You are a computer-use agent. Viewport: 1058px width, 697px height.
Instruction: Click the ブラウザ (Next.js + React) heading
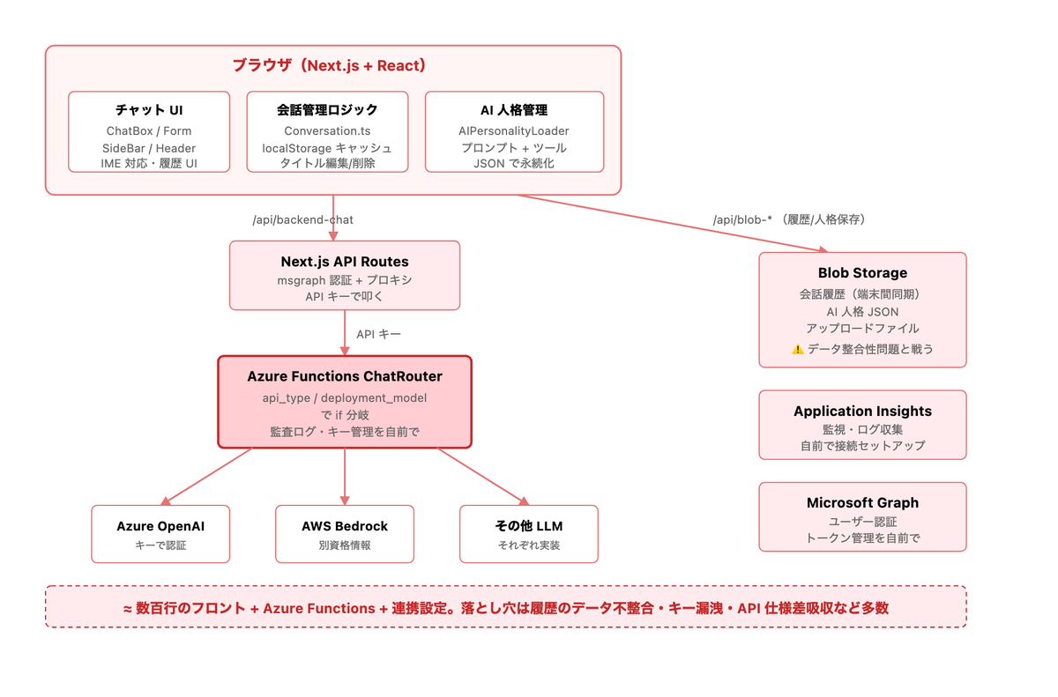(329, 65)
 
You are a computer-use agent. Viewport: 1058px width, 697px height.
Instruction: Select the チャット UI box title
(149, 110)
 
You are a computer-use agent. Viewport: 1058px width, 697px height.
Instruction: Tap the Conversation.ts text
(327, 130)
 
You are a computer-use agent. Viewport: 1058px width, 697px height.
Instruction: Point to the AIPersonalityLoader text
(514, 130)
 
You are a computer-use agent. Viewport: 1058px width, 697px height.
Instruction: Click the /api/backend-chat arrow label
(302, 220)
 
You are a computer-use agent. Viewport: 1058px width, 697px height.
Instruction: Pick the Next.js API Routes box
(345, 276)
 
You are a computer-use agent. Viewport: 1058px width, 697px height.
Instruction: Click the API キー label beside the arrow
(378, 334)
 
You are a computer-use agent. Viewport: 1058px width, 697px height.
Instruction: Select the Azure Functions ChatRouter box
(345, 402)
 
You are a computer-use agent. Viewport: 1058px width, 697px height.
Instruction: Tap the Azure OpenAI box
(160, 534)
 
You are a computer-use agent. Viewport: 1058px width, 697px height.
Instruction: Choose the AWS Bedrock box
(345, 534)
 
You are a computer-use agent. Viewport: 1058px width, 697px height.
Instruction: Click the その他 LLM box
(529, 534)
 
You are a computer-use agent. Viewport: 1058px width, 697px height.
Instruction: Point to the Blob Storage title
(862, 273)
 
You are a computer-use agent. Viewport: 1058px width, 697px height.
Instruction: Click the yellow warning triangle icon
(798, 349)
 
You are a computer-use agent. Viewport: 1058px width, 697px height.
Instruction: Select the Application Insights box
(862, 425)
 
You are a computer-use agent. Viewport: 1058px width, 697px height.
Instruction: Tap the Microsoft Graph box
(862, 516)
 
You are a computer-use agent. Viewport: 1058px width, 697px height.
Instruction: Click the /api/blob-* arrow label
(789, 219)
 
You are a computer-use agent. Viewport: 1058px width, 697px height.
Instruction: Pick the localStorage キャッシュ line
(327, 148)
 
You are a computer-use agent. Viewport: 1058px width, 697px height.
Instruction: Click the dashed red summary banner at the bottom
(506, 607)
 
